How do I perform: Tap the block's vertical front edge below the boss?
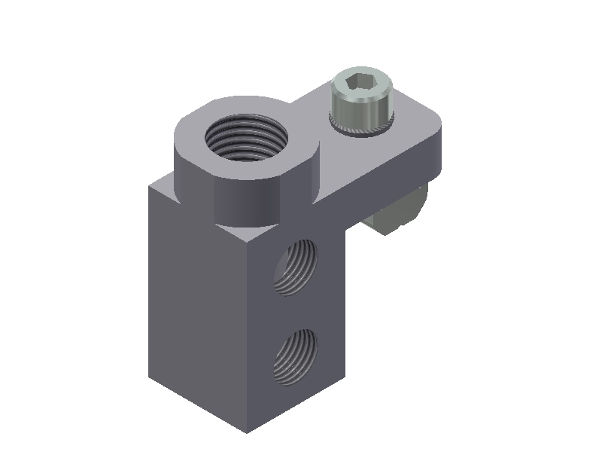point(247,331)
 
